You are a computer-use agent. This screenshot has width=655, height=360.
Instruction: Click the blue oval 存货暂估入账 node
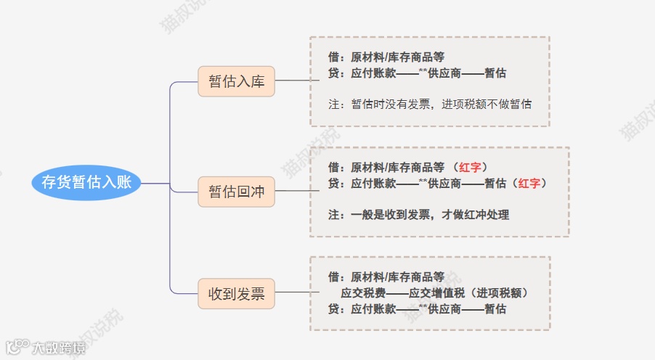[86, 182]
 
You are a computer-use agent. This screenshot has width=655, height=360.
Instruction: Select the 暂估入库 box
[236, 81]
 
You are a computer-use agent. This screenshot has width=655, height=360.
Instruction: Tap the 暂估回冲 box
[236, 192]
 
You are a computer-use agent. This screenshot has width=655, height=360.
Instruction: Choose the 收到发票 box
[236, 295]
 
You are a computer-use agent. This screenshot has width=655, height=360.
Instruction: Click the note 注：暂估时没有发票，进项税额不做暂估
[430, 105]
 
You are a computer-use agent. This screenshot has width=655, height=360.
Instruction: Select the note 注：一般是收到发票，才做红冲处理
[419, 215]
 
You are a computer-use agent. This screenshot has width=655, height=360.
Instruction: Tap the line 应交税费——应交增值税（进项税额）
[434, 293]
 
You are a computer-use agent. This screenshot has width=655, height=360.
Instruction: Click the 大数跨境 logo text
[58, 348]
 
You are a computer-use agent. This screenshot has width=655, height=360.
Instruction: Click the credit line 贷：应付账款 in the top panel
[418, 73]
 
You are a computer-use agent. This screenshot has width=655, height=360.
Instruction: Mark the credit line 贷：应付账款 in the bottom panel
[418, 309]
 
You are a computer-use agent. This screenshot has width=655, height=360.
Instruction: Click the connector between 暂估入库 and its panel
[292, 81]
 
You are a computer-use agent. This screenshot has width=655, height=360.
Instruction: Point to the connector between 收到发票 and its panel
[292, 293]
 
